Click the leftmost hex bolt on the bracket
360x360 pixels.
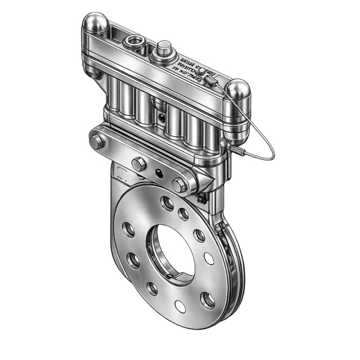pyautogui.click(x=96, y=141)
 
